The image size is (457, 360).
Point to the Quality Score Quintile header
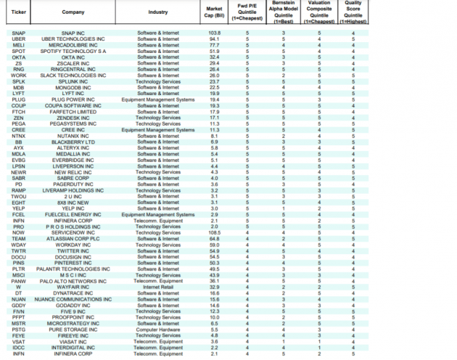pyautogui.click(x=353, y=13)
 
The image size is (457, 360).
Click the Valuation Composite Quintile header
pyautogui.click(x=319, y=13)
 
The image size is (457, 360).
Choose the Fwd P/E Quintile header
pyautogui.click(x=248, y=13)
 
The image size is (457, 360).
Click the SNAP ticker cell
pyautogui.click(x=18, y=33)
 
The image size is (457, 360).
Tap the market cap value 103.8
pyautogui.click(x=214, y=33)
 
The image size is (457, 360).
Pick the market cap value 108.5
pyautogui.click(x=214, y=232)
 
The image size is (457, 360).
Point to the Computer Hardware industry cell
pyautogui.click(x=158, y=328)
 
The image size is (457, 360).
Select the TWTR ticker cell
pyautogui.click(x=19, y=250)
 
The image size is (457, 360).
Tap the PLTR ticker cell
pyautogui.click(x=19, y=269)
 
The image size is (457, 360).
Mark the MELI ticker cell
pyautogui.click(x=18, y=45)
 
